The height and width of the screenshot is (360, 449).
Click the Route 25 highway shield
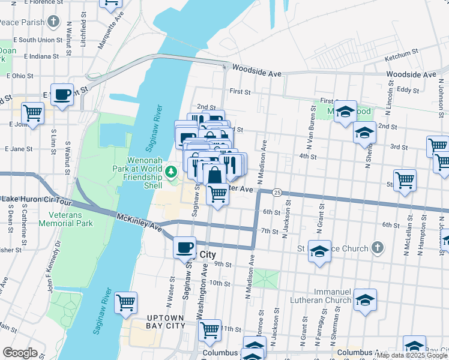pyautogui.click(x=277, y=192)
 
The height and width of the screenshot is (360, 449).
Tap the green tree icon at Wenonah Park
pyautogui.click(x=172, y=173)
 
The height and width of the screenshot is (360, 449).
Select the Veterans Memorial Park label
pyautogui.click(x=66, y=219)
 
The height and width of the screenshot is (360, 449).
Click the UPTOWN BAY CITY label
pyautogui.click(x=161, y=321)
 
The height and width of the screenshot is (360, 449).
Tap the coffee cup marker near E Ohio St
pyautogui.click(x=62, y=94)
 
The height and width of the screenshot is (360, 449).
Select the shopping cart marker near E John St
pyautogui.click(x=32, y=112)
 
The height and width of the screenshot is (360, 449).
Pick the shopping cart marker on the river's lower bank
pyautogui.click(x=126, y=302)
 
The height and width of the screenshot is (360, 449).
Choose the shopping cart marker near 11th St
pyautogui.click(x=210, y=329)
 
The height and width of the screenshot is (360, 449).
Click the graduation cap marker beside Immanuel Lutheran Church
pyautogui.click(x=365, y=299)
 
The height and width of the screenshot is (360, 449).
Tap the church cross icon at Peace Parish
pyautogui.click(x=54, y=23)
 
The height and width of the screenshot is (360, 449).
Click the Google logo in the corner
pyautogui.click(x=20, y=353)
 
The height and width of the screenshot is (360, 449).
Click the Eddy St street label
pyautogui.click(x=408, y=89)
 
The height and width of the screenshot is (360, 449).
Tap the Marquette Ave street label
pyautogui.click(x=110, y=37)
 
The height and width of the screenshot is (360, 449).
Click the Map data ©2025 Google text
pyautogui.click(x=412, y=355)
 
